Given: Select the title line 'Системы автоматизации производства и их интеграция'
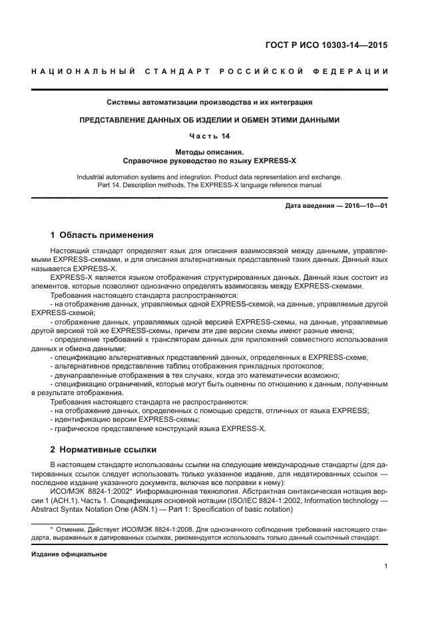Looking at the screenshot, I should [x=210, y=103].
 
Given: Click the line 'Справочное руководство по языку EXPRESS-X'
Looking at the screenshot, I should [x=210, y=161].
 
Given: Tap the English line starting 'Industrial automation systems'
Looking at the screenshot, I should [x=210, y=177].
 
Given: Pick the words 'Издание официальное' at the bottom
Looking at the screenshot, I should [x=69, y=554].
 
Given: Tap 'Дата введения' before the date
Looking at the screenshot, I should [x=310, y=206].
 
